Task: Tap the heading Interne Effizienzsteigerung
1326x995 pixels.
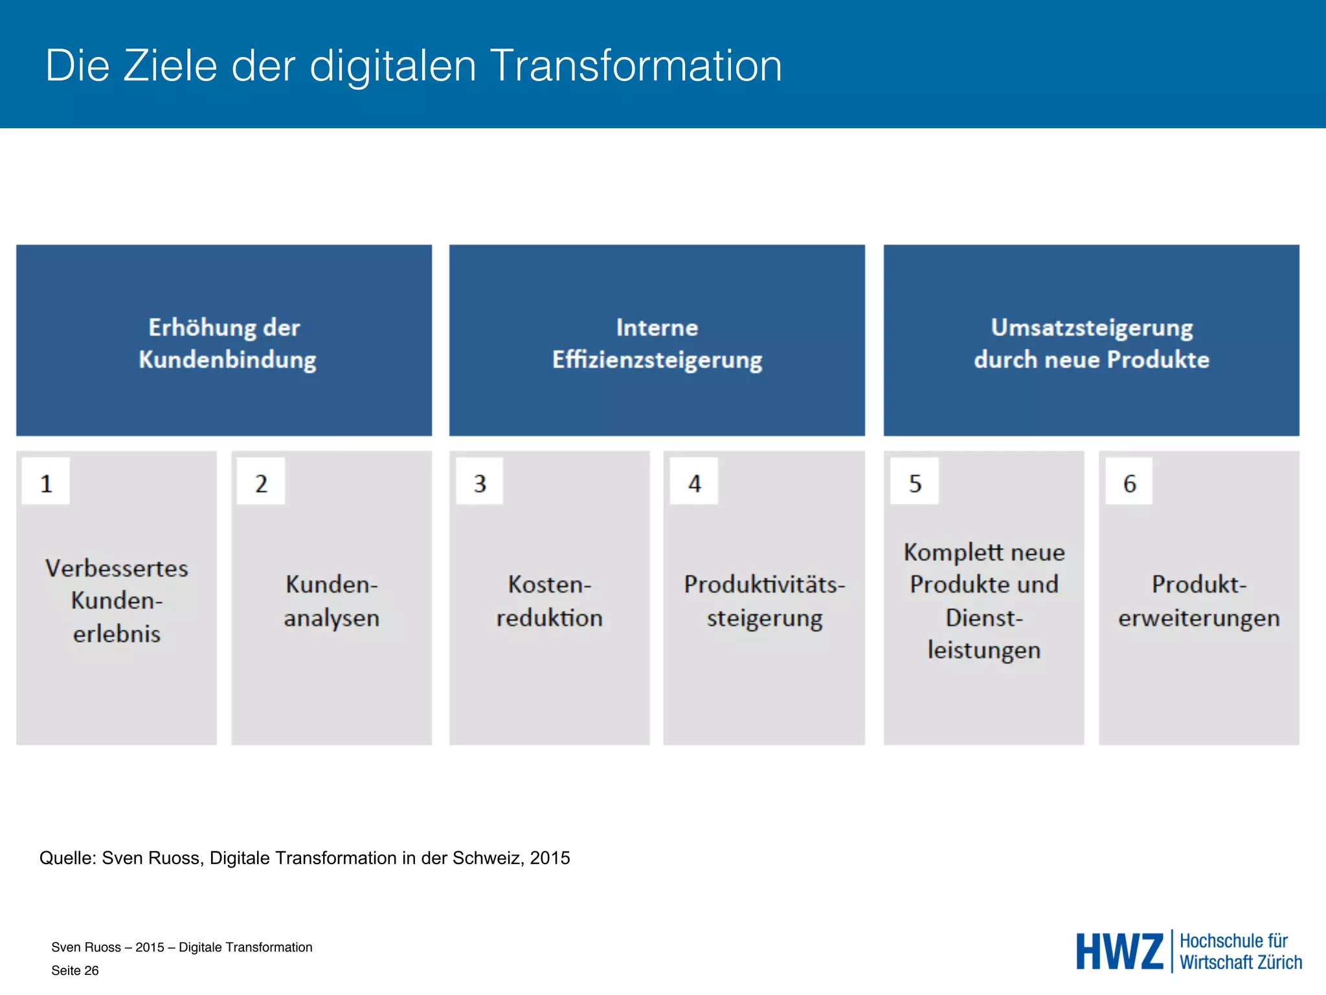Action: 657,343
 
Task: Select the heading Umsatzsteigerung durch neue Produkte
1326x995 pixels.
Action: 1092,343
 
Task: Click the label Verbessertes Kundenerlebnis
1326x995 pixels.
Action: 117,600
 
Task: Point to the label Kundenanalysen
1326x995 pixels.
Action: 331,600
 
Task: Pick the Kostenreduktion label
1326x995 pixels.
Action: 550,600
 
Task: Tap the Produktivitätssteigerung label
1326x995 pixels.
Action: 765,600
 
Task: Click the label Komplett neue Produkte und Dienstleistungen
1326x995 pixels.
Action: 984,600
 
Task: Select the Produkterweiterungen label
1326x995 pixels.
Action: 1199,600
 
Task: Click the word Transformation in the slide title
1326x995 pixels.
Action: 636,65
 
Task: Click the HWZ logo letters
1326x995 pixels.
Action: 1119,952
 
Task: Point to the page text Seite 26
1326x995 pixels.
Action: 75,970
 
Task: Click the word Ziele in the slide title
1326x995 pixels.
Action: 170,65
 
